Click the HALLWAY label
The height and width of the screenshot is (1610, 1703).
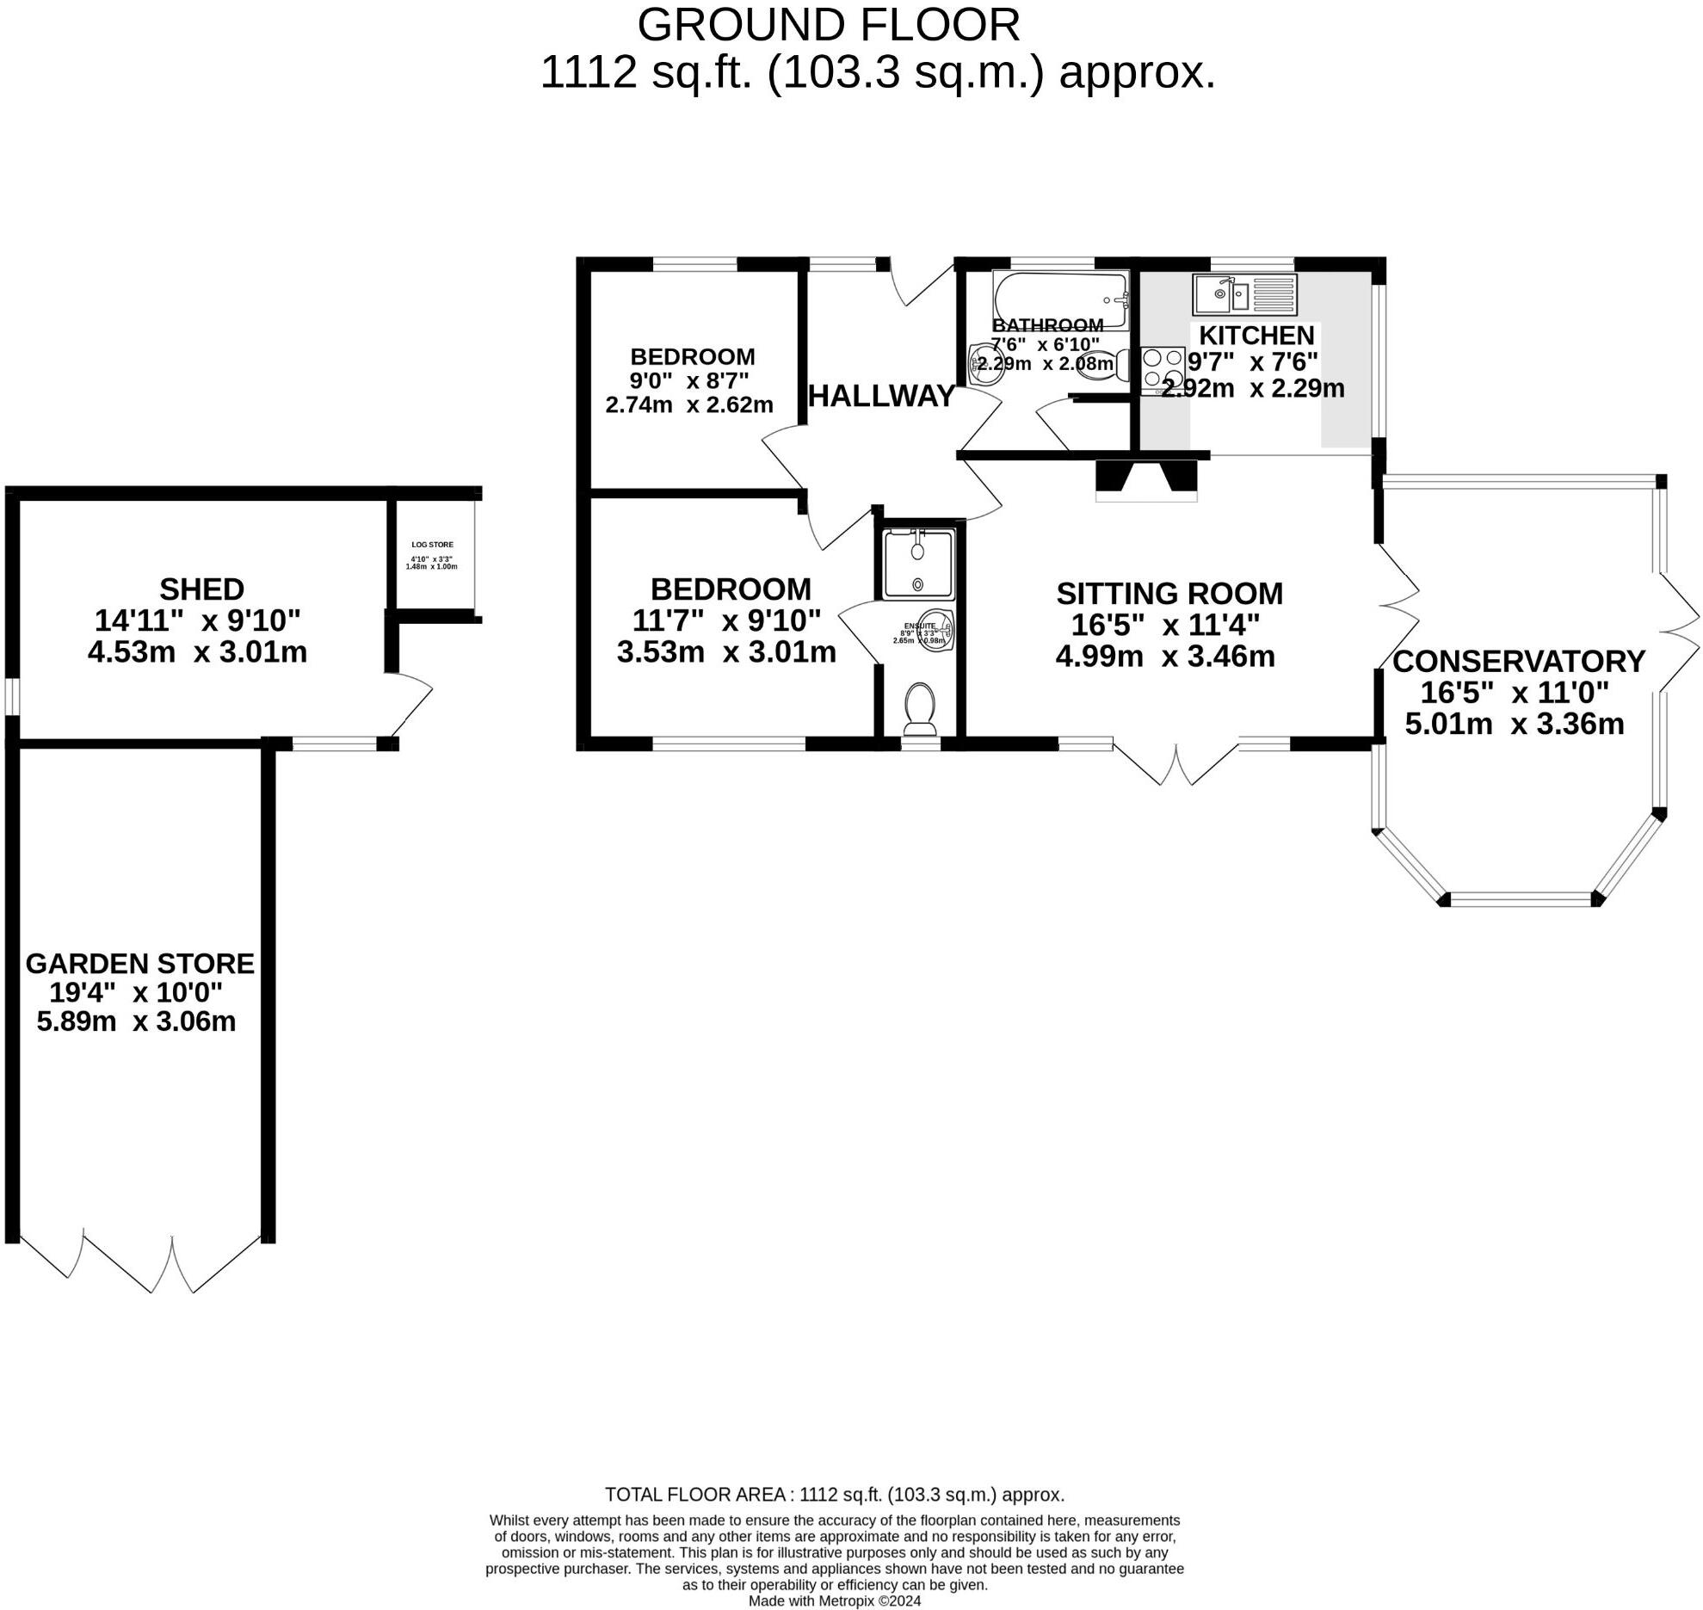click(x=881, y=396)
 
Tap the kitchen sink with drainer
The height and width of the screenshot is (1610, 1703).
click(x=1243, y=294)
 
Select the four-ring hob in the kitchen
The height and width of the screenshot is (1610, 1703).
click(x=1163, y=368)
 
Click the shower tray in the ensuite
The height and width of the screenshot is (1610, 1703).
click(x=918, y=564)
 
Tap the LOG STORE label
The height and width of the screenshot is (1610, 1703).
click(x=432, y=545)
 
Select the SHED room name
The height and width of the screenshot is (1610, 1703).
click(x=201, y=589)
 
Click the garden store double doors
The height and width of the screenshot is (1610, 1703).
click(x=129, y=1261)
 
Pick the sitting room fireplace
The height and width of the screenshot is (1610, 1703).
click(x=1145, y=482)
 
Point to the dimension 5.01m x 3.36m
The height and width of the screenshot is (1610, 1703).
click(x=1514, y=724)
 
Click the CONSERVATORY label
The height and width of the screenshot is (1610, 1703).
click(x=1518, y=661)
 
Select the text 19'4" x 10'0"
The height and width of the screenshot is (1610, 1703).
click(x=135, y=992)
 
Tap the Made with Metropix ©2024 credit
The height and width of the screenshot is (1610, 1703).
click(x=834, y=1601)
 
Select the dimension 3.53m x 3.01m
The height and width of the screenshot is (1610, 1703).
click(x=725, y=652)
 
